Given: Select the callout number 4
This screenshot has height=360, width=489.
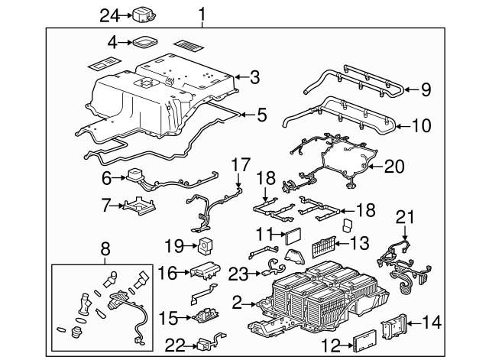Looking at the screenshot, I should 112,43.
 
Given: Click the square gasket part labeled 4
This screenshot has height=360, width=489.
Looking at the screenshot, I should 145,43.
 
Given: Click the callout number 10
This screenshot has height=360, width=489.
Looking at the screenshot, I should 423,125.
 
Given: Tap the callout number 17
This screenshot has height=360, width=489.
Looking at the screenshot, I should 240,164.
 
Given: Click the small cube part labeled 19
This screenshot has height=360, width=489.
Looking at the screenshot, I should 206,246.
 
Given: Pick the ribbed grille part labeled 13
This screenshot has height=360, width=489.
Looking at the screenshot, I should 325,246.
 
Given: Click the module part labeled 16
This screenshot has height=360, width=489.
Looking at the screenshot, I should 204,271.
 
